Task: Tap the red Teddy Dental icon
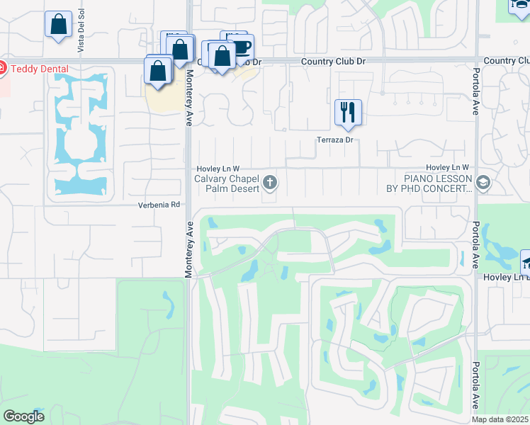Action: pyautogui.click(x=1, y=69)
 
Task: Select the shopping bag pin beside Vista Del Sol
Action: pyautogui.click(x=58, y=23)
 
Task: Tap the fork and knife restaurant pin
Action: pyautogui.click(x=348, y=112)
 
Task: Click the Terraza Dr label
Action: pyautogui.click(x=334, y=140)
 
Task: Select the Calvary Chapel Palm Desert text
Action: pyautogui.click(x=227, y=184)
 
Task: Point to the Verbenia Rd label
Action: pyautogui.click(x=159, y=205)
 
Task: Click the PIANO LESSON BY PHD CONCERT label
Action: pyautogui.click(x=437, y=184)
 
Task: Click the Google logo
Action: pyautogui.click(x=23, y=416)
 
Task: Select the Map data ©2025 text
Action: pyautogui.click(x=500, y=419)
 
